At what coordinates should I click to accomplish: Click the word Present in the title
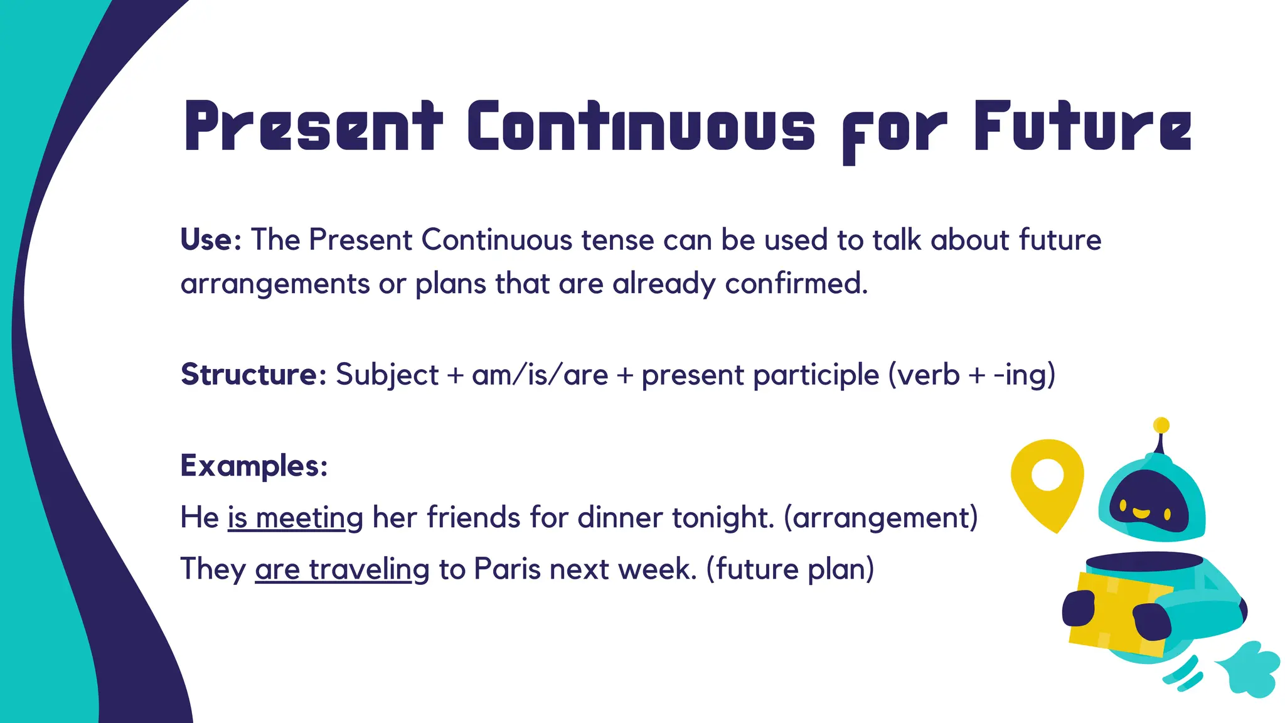313,127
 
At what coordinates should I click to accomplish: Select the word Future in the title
1082,127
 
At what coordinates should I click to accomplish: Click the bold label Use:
211,240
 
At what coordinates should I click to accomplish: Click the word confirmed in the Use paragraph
796,284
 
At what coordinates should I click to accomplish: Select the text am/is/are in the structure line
540,375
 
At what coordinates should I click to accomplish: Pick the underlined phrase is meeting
295,518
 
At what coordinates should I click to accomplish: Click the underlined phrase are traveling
342,570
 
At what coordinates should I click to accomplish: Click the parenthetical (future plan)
790,570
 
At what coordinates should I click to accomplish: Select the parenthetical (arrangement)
881,518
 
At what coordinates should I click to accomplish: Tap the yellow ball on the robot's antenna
1161,425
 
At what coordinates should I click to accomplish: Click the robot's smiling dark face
1148,502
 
